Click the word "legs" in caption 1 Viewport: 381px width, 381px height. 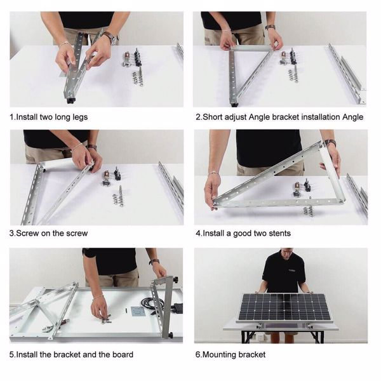(80, 117)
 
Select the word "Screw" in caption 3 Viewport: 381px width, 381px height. (28, 233)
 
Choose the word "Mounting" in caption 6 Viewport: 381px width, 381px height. (219, 354)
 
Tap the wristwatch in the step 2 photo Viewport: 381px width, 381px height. (270, 27)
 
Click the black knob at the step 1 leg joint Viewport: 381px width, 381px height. (70, 100)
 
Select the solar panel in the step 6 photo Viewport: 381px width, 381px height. (284, 307)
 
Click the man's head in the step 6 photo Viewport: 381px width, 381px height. (286, 253)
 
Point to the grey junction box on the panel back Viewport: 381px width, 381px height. (138, 311)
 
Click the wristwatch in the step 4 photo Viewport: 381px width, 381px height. (330, 143)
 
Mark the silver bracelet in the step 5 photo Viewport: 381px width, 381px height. (98, 297)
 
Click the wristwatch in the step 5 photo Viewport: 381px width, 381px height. (154, 262)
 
